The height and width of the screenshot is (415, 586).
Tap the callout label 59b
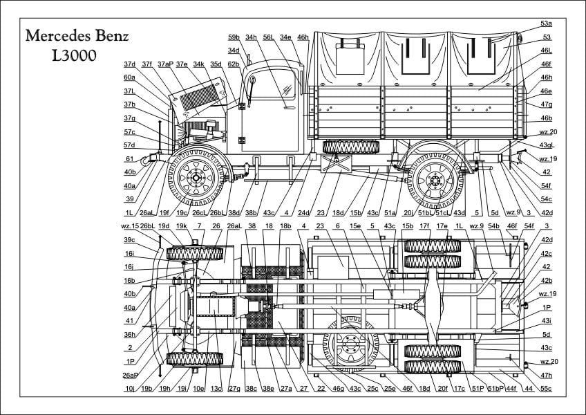[233, 37]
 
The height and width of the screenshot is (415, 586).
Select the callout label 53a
[546, 24]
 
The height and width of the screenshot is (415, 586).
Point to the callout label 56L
[268, 37]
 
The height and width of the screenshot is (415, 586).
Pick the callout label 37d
[130, 64]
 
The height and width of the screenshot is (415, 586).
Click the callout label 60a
[129, 77]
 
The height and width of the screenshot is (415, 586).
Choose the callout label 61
[129, 158]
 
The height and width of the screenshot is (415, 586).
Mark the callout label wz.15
[130, 226]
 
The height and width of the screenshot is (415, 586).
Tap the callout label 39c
[130, 240]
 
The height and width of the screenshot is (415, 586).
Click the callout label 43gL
[547, 145]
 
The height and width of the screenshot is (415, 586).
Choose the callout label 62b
[234, 64]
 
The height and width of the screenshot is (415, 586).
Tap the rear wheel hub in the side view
[435, 181]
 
